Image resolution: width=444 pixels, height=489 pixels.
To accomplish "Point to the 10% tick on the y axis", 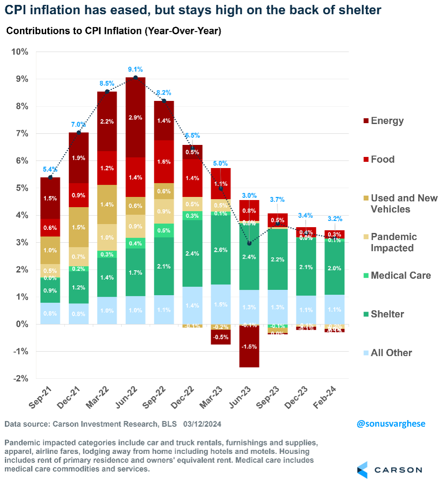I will click(20, 52).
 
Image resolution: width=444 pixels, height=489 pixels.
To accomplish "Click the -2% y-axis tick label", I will click(20, 379).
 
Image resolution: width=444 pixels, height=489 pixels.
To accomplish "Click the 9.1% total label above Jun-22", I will click(136, 69).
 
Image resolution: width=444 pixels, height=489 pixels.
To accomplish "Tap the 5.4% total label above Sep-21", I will click(51, 170).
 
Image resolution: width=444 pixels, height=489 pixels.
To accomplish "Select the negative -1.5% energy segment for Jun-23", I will click(249, 347).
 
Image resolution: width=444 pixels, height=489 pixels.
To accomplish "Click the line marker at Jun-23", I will click(249, 243).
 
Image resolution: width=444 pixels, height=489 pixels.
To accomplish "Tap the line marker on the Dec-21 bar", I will click(79, 132).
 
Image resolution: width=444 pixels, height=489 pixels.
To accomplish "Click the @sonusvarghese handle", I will click(391, 424).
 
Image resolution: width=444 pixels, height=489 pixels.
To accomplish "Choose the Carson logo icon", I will click(363, 470).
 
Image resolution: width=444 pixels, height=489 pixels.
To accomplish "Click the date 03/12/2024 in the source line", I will click(202, 425).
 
